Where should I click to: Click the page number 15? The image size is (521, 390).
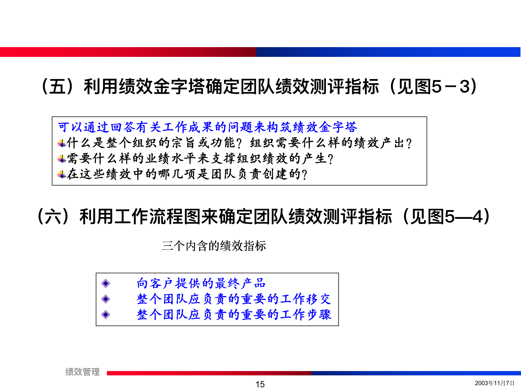260,384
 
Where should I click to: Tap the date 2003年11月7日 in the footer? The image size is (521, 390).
494,383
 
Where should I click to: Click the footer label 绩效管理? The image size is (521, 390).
82,372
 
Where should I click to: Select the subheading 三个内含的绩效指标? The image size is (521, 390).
214,246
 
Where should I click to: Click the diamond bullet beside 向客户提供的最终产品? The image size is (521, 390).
106,284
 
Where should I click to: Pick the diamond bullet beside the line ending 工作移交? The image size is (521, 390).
106,299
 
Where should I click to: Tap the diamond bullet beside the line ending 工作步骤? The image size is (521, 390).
106,315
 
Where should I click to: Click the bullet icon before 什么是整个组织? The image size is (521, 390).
62,143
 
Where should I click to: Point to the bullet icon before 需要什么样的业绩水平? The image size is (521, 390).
62,159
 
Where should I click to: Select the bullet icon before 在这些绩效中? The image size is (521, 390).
62,174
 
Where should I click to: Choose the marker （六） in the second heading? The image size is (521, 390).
53,217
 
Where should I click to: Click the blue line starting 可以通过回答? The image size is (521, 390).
208,127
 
